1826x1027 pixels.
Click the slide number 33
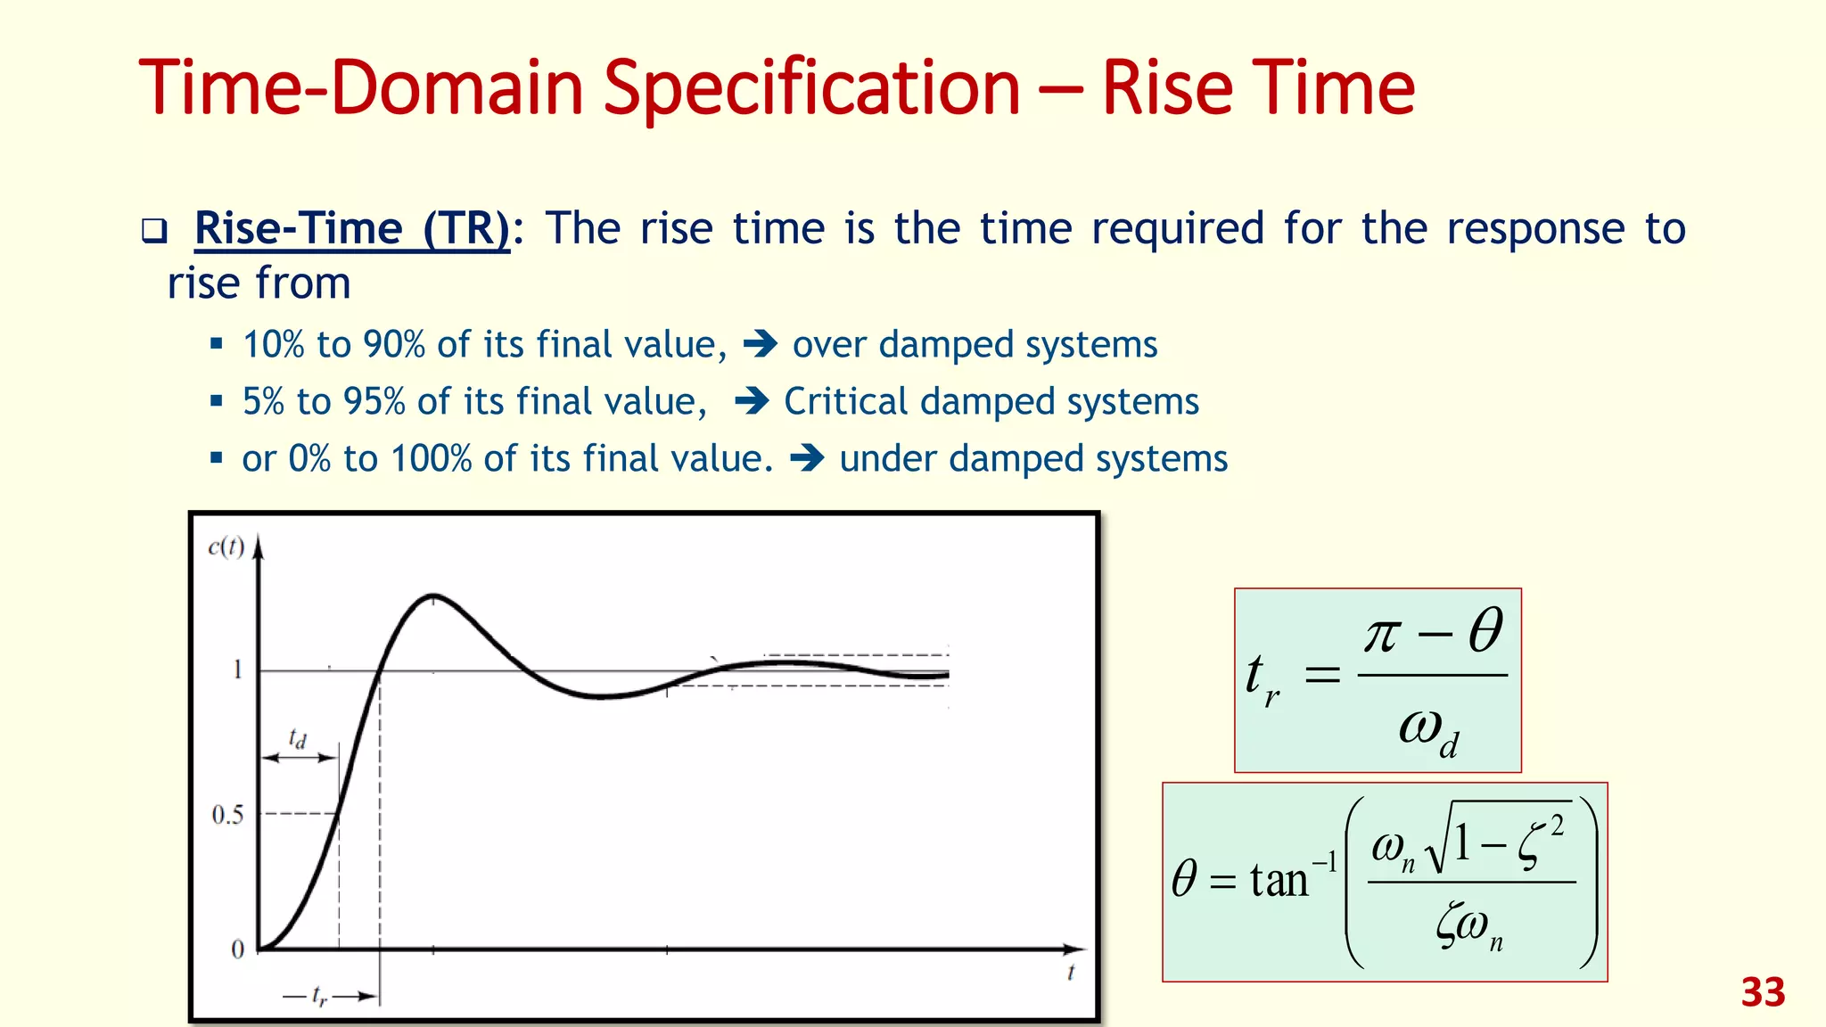1763,992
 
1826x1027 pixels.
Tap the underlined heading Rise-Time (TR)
352,228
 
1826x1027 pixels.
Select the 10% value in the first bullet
274,345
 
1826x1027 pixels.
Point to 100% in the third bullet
432,459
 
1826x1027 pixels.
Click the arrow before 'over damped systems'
760,344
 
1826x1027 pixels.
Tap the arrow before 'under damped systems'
806,459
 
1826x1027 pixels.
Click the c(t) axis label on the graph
226,546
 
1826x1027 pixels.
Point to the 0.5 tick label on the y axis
227,815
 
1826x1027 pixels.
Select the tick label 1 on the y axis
237,670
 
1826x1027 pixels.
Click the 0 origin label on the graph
237,949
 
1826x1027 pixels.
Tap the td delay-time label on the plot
298,738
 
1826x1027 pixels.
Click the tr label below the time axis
319,996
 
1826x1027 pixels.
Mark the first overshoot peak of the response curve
433,595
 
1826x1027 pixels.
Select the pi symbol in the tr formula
1382,635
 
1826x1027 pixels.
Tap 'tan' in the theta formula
1279,881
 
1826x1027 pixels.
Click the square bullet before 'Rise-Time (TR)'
154,232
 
